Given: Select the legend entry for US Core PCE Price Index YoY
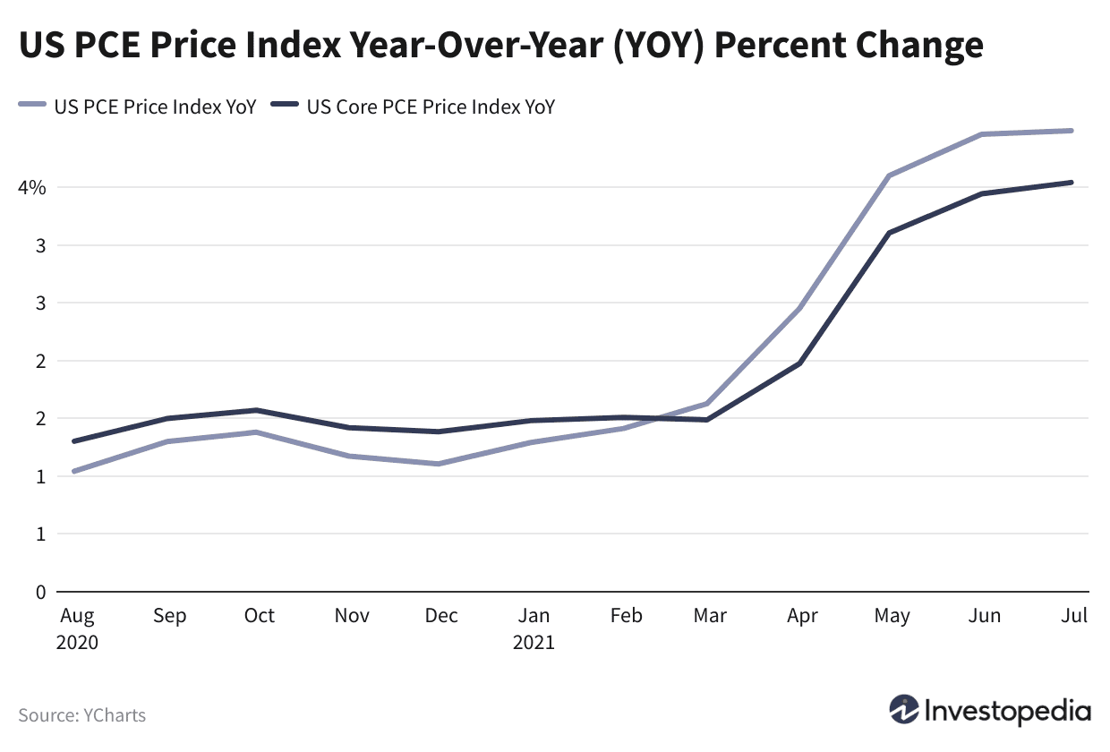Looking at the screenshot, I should point(430,107).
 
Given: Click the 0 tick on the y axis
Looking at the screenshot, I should point(39,592).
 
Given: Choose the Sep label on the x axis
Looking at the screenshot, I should point(169,616).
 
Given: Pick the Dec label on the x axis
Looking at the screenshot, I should point(441,616).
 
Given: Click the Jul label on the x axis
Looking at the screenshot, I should point(1074,616).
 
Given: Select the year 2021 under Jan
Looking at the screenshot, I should point(534,643).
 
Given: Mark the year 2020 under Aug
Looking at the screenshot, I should point(78,643).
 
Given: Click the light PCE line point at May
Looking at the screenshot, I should point(889,175).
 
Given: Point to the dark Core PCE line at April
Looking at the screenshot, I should point(798,363).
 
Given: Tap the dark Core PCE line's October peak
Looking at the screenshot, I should point(257,410).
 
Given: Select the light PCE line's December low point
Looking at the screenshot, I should point(438,464).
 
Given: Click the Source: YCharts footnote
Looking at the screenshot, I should point(81,715).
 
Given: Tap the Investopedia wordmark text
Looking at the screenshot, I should point(1009,712).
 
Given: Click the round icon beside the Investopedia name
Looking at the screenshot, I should point(904,711).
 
